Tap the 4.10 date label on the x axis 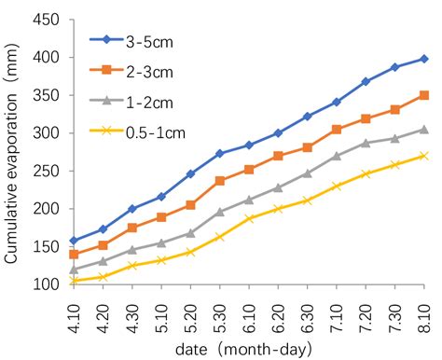click(75, 308)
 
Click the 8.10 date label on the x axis click(424, 308)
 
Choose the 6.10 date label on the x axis click(249, 308)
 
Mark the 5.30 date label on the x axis click(220, 308)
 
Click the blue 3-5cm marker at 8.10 click(424, 59)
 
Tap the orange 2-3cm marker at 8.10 click(424, 95)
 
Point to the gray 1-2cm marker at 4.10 click(75, 269)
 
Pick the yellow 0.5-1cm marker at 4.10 click(75, 280)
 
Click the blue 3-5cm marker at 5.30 click(220, 153)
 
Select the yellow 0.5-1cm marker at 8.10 click(424, 156)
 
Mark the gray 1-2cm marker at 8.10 click(424, 129)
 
